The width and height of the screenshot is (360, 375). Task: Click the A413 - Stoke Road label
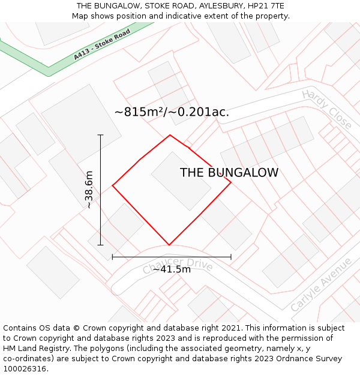click(x=102, y=45)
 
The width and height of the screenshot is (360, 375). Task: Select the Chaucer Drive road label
click(x=178, y=266)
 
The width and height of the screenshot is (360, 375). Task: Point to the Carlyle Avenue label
click(x=321, y=285)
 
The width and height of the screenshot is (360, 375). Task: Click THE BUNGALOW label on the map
click(x=229, y=173)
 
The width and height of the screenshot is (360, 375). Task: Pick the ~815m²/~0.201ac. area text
click(x=172, y=112)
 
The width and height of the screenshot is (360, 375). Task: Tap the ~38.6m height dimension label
click(x=89, y=190)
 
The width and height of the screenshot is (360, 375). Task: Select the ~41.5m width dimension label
click(x=172, y=269)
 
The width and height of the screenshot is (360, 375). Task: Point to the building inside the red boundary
click(x=181, y=181)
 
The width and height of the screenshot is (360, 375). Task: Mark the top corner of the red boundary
click(x=170, y=135)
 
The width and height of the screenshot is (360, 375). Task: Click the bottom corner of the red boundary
click(x=169, y=245)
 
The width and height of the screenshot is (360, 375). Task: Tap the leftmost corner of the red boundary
click(x=113, y=185)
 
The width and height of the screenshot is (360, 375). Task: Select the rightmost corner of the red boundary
click(x=231, y=182)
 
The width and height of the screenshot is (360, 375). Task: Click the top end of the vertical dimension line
click(x=100, y=135)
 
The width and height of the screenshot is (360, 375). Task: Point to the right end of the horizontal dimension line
click(x=231, y=257)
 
